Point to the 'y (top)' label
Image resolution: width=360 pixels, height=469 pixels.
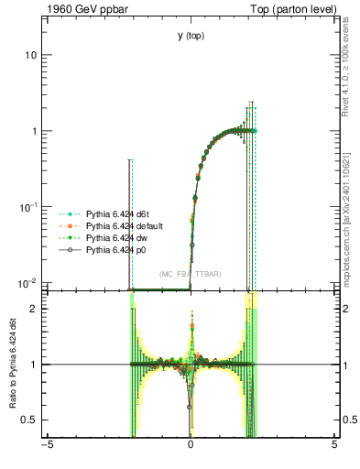191,36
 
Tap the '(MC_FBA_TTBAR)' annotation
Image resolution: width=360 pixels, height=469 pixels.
190,274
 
